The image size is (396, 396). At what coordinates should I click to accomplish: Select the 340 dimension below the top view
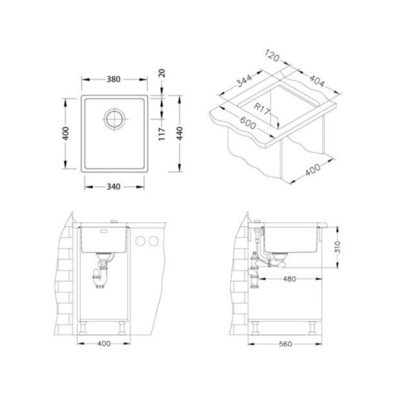coord(114,186)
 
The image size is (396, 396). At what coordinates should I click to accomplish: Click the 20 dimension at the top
coord(161,73)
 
